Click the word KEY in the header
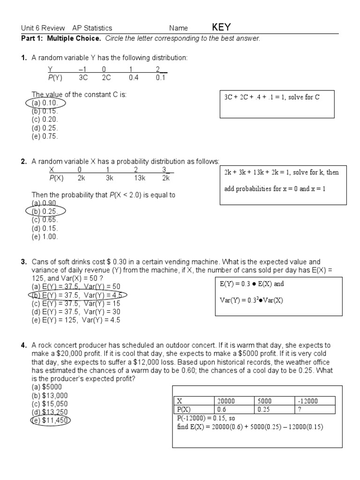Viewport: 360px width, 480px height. tap(221, 27)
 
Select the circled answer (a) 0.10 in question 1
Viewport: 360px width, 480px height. tap(45, 103)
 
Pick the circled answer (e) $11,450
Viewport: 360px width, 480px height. tap(51, 420)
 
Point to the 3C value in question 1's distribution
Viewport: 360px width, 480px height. tap(84, 78)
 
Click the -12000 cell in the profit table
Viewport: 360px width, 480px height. tap(307, 401)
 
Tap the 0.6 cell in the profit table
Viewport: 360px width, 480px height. tap(221, 409)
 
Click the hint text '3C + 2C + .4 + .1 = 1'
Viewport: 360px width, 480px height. tap(271, 97)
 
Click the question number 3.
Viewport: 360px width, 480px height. tap(23, 262)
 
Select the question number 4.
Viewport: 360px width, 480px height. tap(23, 345)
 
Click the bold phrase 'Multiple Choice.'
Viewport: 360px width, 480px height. tap(73, 38)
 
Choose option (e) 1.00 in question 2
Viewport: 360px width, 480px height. tap(45, 237)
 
